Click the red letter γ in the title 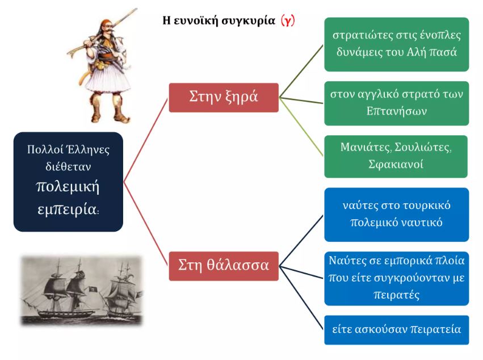point(288,21)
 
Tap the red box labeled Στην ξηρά point(224,98)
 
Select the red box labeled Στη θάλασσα point(224,266)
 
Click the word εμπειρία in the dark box point(68,210)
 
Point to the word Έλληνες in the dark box point(89,149)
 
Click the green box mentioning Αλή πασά point(396,44)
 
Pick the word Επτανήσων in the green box point(396,111)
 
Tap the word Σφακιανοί point(396,164)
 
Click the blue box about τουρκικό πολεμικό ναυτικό point(396,215)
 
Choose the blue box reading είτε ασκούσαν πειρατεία point(396,330)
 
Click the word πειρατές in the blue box point(396,295)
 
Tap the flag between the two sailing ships point(92,289)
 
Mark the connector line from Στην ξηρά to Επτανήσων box point(301,101)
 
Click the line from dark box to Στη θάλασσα point(146,224)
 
